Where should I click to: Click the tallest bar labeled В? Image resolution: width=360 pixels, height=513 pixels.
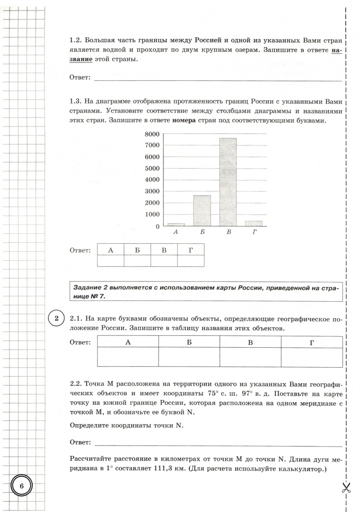click(x=227, y=182)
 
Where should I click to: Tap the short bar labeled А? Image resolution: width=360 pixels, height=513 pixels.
click(x=176, y=225)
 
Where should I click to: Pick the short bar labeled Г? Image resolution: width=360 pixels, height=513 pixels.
click(x=254, y=224)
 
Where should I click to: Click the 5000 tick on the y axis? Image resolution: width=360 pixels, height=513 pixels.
click(x=151, y=169)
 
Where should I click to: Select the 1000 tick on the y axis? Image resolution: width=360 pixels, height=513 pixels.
click(x=151, y=215)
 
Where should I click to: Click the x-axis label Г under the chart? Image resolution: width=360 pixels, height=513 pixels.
click(x=254, y=233)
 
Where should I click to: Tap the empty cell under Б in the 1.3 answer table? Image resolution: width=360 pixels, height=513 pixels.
click(x=137, y=261)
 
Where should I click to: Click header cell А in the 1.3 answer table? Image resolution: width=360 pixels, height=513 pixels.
click(x=111, y=250)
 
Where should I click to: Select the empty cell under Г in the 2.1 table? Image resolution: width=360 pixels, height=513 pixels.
click(x=312, y=357)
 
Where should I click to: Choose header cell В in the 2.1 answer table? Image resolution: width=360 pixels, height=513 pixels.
click(x=250, y=342)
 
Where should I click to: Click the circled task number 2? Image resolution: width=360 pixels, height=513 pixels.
click(x=56, y=319)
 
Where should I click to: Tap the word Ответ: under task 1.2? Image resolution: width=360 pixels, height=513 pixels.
click(x=80, y=77)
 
